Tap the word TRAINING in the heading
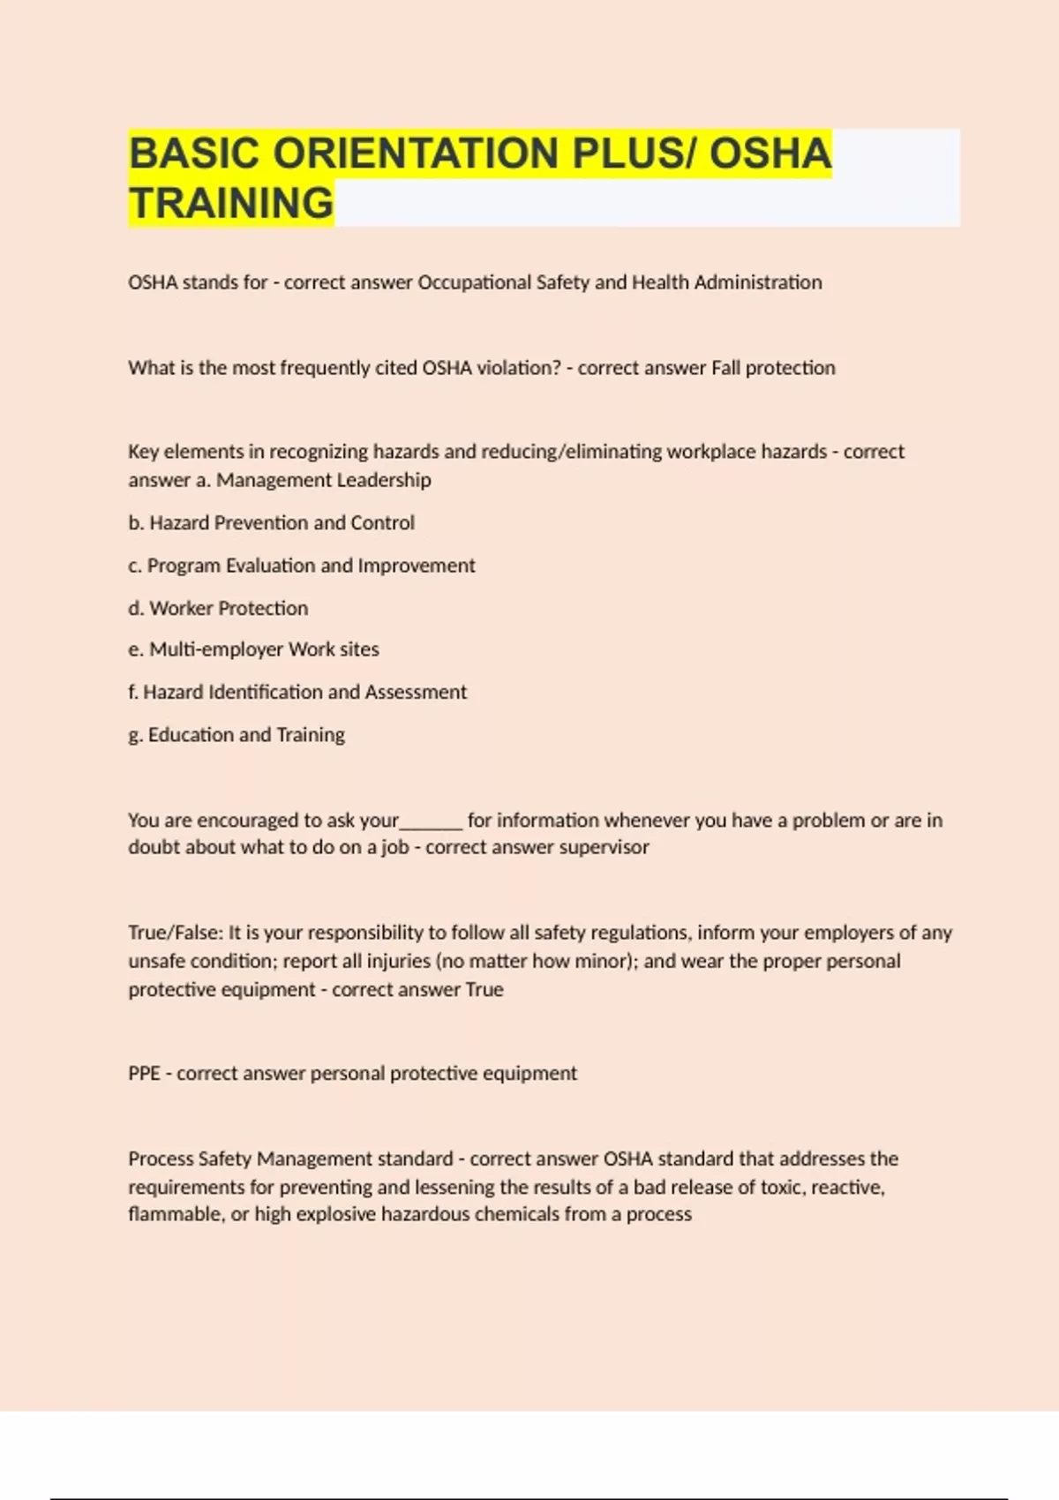pyautogui.click(x=231, y=203)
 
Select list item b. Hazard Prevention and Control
pyautogui.click(x=271, y=523)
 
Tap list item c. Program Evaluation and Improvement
pyautogui.click(x=301, y=566)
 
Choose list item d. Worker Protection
pyautogui.click(x=218, y=608)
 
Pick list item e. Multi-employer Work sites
pyautogui.click(x=253, y=649)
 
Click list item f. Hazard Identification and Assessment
pyautogui.click(x=297, y=693)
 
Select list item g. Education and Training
pyautogui.click(x=237, y=735)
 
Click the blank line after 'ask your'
pyautogui.click(x=432, y=822)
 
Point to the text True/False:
pyautogui.click(x=176, y=933)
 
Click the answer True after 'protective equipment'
pyautogui.click(x=484, y=990)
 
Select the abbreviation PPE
pyautogui.click(x=144, y=1074)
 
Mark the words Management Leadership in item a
pyautogui.click(x=324, y=480)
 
